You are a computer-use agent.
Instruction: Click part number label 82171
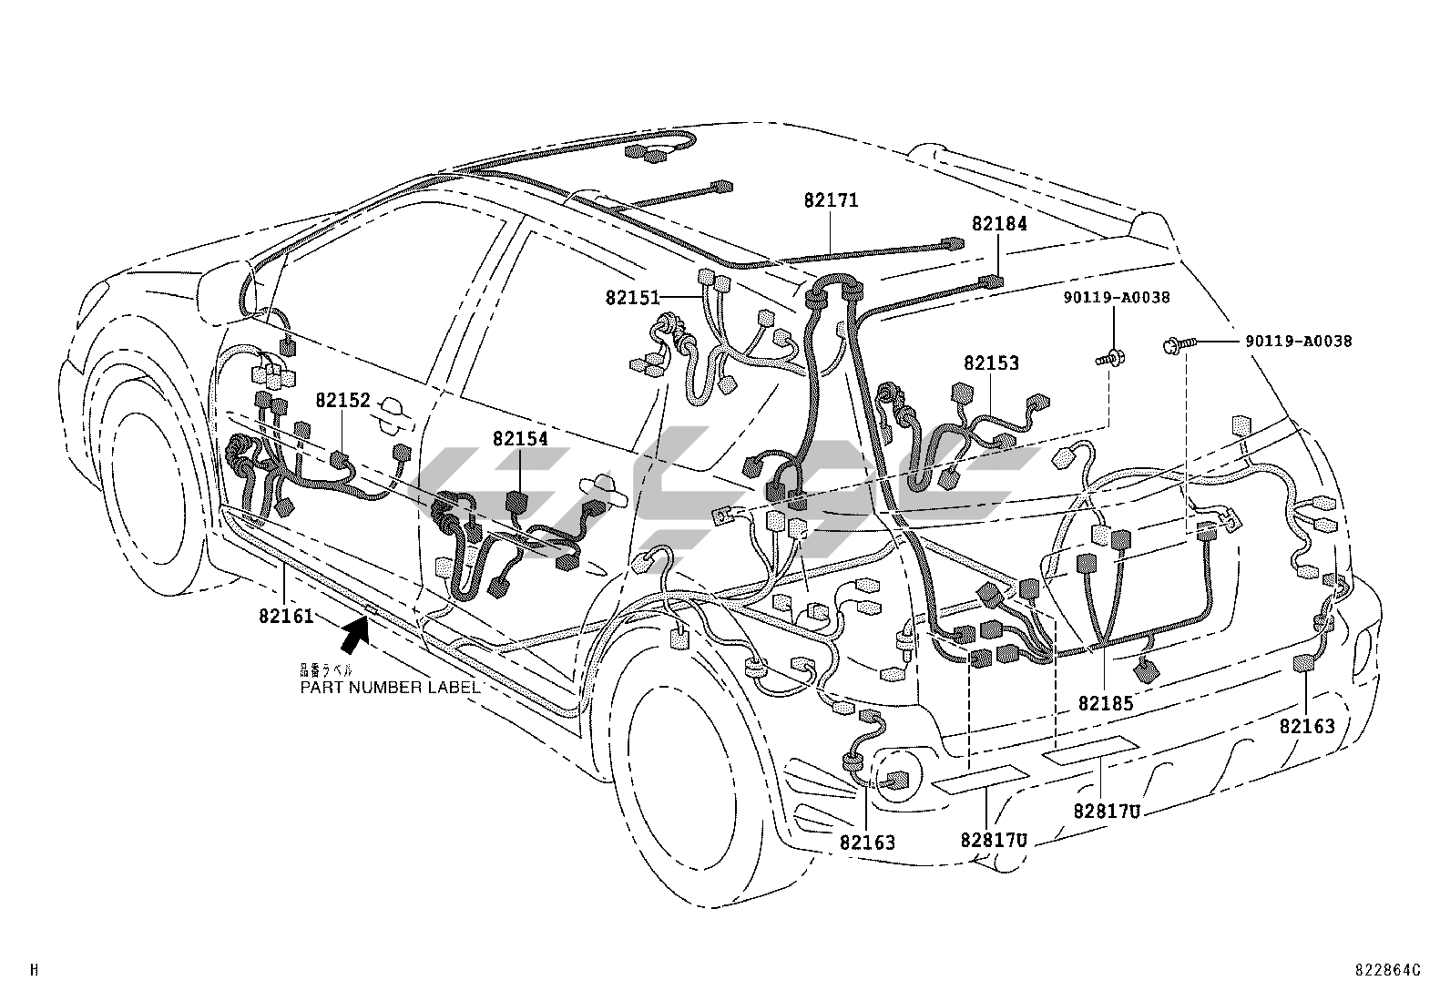coord(831,200)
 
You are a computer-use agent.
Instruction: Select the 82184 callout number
coord(999,224)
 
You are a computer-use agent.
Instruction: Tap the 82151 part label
coord(631,297)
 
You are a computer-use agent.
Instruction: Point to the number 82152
coord(343,400)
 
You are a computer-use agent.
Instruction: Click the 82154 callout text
coord(520,439)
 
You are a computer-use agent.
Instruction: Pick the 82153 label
coord(992,363)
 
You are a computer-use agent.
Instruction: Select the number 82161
coord(286,616)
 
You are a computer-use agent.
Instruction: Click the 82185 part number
coord(1105,703)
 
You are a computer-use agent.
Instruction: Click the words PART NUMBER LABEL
coord(390,688)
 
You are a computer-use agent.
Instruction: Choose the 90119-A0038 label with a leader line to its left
coord(1299,342)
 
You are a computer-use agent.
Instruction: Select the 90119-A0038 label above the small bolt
coord(1118,297)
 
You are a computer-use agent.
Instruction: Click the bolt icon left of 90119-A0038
coord(1176,344)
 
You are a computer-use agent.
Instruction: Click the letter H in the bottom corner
coord(35,970)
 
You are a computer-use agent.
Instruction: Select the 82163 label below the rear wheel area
coord(867,843)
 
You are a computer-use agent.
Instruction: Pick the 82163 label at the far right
coord(1307,726)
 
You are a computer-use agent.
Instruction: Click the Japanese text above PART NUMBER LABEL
coord(326,670)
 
